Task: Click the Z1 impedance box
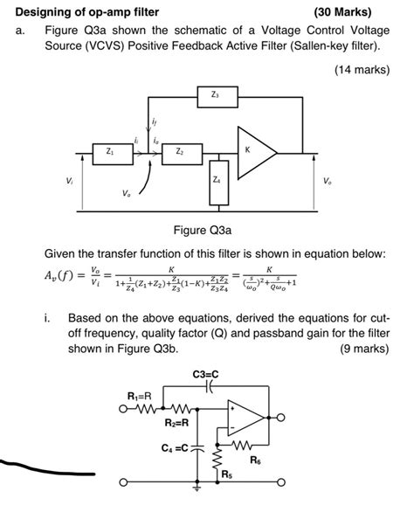108,152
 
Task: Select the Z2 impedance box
180,152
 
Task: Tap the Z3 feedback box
216,93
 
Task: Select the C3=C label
205,376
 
